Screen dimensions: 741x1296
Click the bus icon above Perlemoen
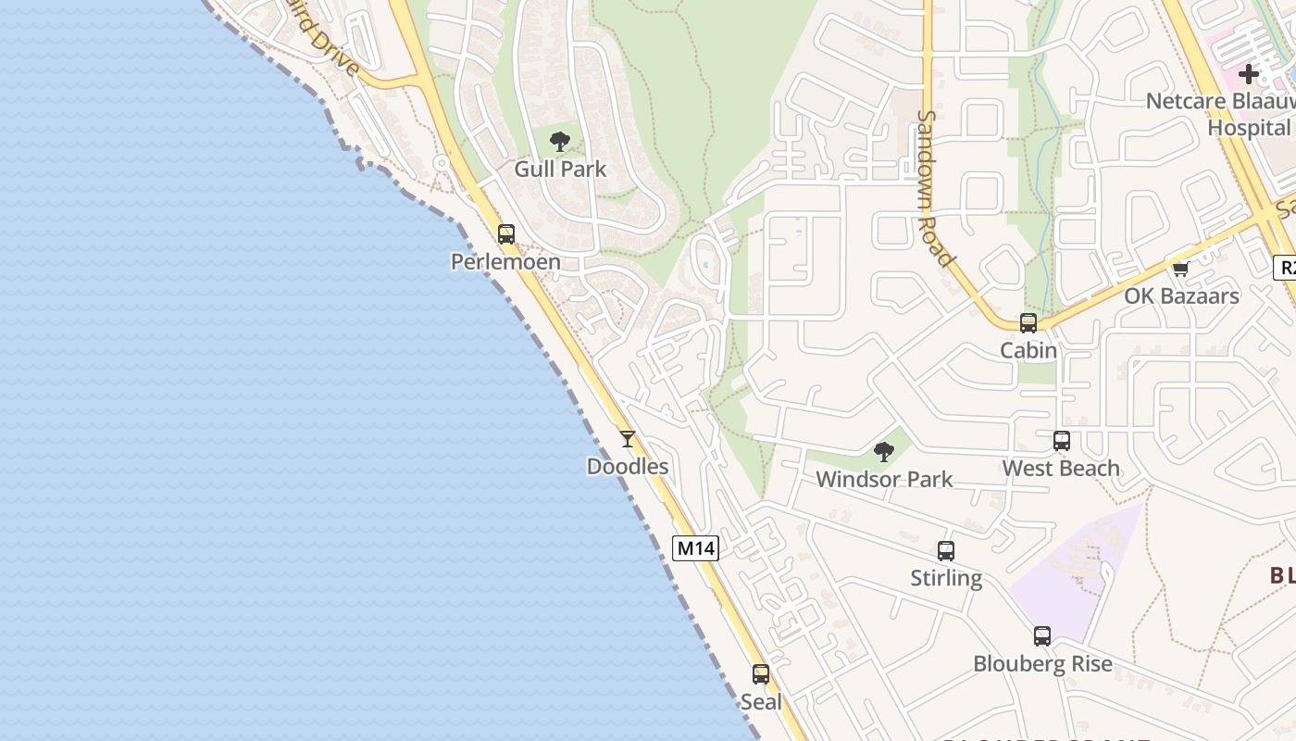coord(506,233)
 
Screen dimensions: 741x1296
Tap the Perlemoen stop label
coord(505,262)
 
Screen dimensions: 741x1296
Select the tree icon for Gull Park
coord(559,141)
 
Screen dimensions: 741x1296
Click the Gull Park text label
coord(560,169)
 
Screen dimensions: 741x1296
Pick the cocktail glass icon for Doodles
coord(628,439)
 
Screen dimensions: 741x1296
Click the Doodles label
coord(628,467)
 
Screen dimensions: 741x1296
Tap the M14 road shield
coord(695,547)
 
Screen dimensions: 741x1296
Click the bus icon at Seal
coord(761,674)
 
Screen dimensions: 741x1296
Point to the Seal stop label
coord(761,702)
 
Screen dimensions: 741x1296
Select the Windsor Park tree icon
coord(884,452)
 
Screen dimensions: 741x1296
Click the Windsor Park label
coord(884,480)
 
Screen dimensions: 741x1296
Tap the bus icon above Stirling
coord(946,551)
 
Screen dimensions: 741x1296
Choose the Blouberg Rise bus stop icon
coord(1042,636)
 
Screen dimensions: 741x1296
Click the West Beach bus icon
coord(1062,441)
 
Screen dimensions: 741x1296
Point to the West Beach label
coord(1061,469)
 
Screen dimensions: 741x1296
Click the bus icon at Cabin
coord(1028,323)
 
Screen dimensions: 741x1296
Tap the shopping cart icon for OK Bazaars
coord(1180,270)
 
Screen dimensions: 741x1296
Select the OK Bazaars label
coord(1181,296)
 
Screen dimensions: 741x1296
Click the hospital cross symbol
coord(1249,73)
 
